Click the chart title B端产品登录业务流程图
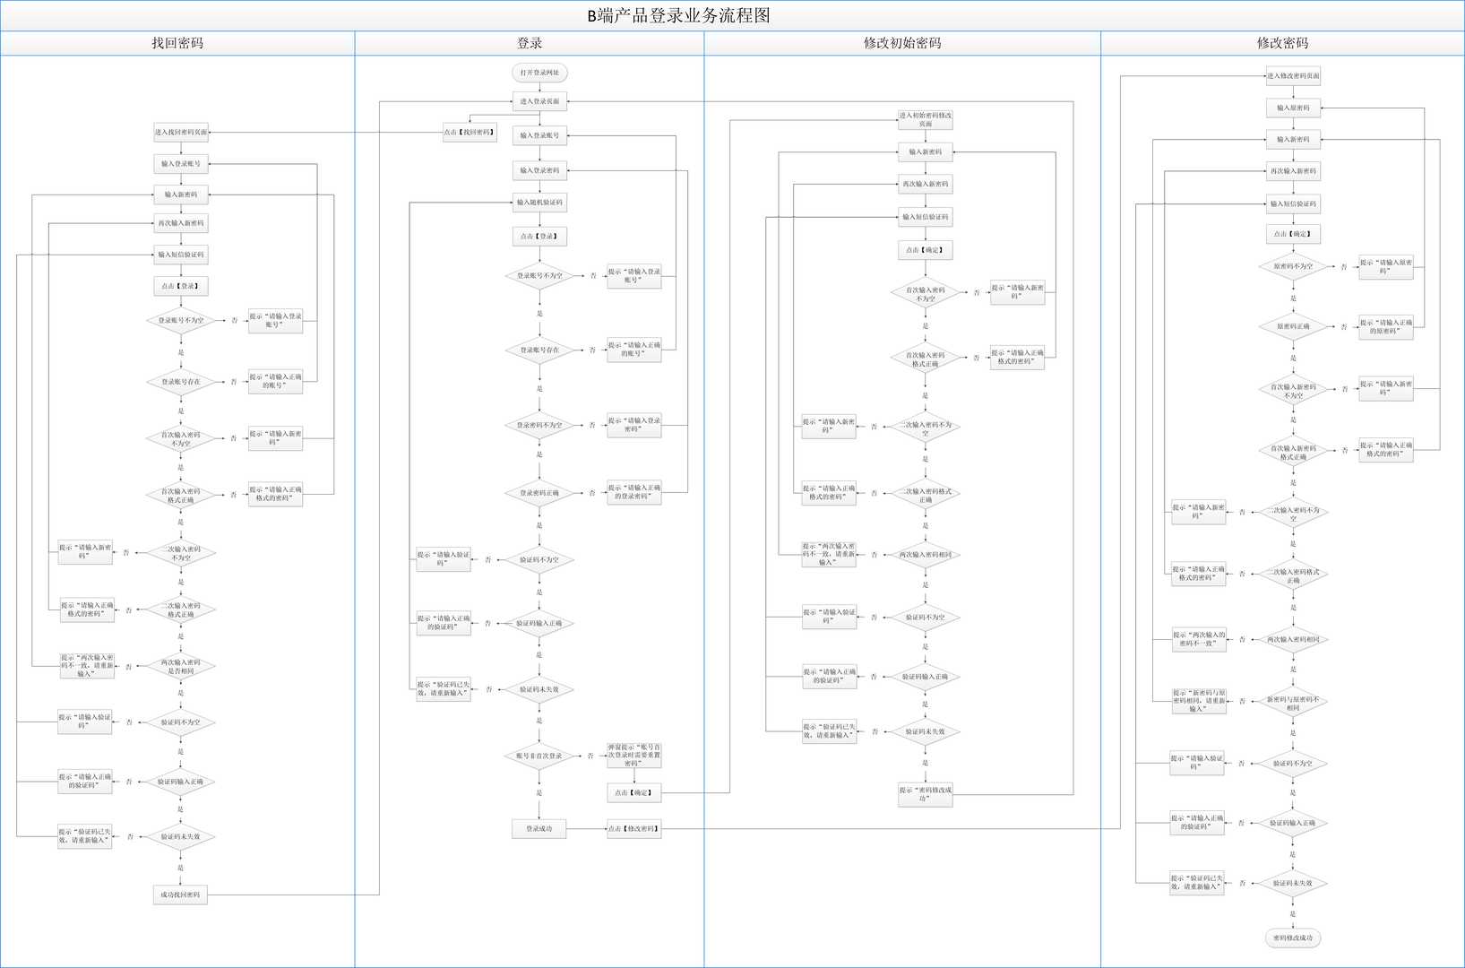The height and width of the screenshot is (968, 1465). tap(678, 15)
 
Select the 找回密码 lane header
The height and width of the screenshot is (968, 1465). tap(177, 43)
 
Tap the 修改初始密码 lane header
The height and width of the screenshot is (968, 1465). tap(902, 43)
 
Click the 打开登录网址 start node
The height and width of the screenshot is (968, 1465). tap(539, 73)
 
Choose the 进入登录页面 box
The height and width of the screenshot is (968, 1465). tap(539, 101)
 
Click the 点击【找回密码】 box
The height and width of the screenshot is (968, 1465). tap(470, 133)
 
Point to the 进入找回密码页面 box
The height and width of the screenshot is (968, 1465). tap(181, 133)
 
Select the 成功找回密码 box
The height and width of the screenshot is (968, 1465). tap(180, 895)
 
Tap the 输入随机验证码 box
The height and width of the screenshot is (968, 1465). tap(539, 203)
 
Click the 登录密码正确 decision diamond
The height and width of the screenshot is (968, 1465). tap(539, 493)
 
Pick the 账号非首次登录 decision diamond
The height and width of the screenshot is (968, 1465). tap(539, 756)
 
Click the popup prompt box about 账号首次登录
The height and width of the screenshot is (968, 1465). tap(634, 756)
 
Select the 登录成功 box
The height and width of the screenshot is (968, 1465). tap(539, 829)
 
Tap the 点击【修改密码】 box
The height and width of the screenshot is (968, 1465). tap(634, 829)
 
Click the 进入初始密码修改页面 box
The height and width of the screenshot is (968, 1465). tap(926, 120)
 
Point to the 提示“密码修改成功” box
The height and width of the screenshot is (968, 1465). tap(926, 794)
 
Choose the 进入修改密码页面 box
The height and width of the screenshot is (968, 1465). tap(1293, 76)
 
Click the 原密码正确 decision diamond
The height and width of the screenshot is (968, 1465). tap(1293, 327)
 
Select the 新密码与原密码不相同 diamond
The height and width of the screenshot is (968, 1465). tap(1293, 704)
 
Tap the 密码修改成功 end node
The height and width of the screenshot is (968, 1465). tap(1293, 938)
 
